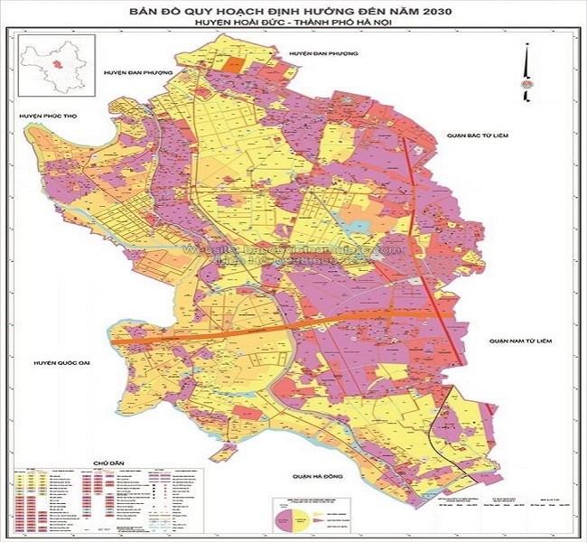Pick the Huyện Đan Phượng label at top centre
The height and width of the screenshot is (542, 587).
(x=323, y=54)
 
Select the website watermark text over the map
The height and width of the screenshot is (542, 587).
(x=289, y=249)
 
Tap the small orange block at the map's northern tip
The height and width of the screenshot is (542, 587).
(x=235, y=64)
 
